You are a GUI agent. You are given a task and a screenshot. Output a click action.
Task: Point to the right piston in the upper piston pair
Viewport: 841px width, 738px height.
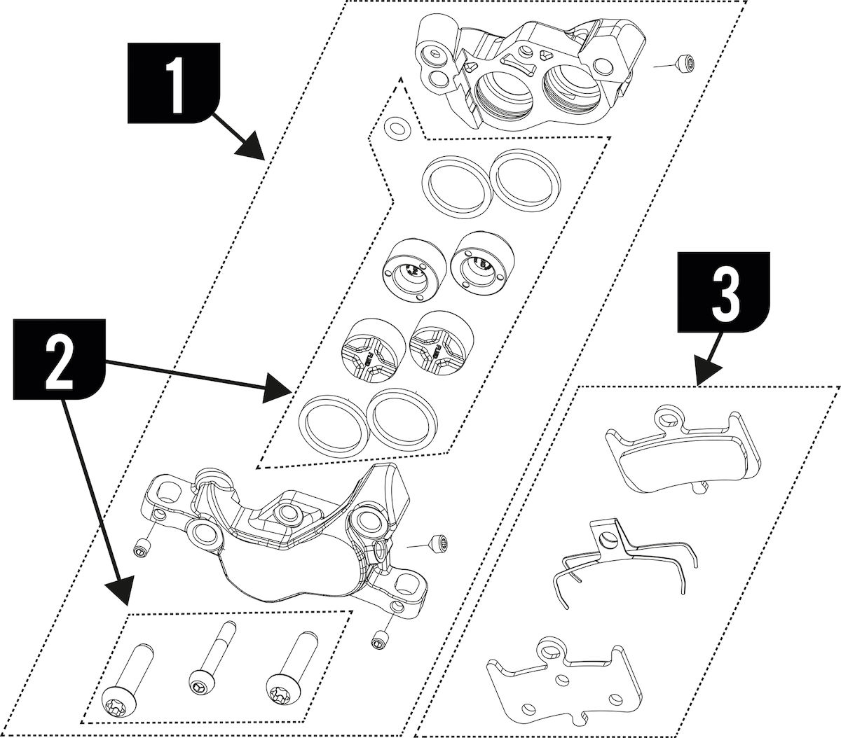point(479,267)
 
